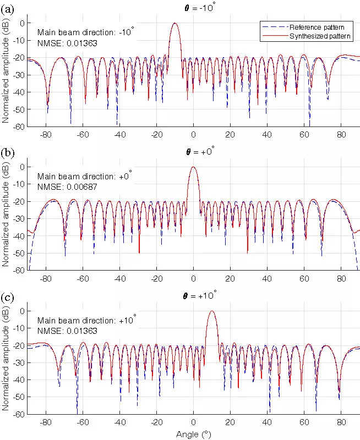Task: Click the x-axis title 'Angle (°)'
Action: coord(193,435)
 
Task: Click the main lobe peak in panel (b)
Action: coord(193,167)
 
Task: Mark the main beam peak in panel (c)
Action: coord(211,311)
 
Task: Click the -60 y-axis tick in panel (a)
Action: coord(19,127)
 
